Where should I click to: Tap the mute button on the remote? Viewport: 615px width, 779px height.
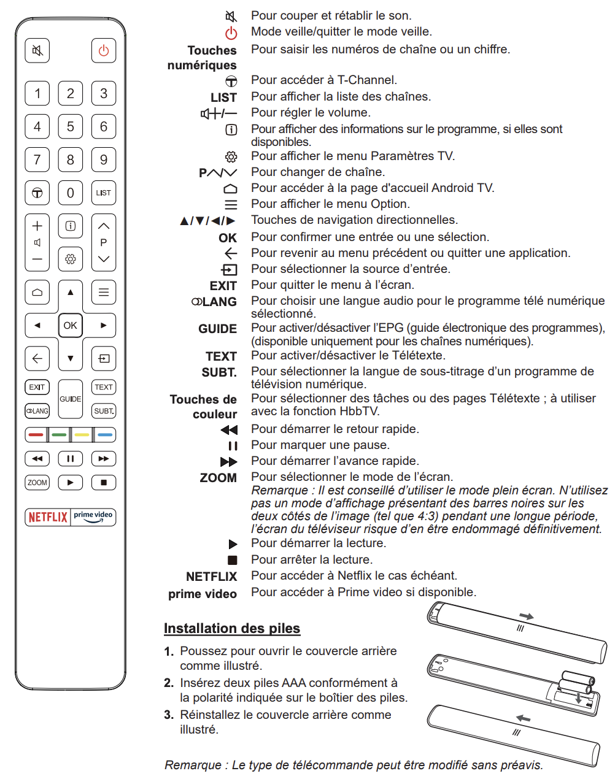37,50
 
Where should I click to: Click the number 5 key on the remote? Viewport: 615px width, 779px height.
71,126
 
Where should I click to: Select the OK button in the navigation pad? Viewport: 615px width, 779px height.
71,325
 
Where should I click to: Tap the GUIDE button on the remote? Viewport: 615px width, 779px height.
71,399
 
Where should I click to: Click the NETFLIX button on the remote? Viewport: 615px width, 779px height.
48,517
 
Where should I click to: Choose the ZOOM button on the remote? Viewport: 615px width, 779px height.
37,483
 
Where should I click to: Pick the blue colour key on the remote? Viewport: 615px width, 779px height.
105,435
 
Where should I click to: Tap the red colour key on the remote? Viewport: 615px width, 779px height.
36,435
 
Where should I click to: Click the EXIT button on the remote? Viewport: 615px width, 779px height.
37,387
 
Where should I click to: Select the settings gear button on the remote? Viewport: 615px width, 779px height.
71,259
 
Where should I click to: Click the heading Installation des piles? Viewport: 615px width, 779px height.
232,628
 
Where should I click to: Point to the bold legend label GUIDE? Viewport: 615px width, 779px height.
217,329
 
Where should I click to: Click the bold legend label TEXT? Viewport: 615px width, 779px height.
221,356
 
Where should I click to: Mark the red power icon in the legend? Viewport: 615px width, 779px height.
231,33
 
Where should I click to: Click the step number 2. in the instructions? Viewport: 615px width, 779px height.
169,683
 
